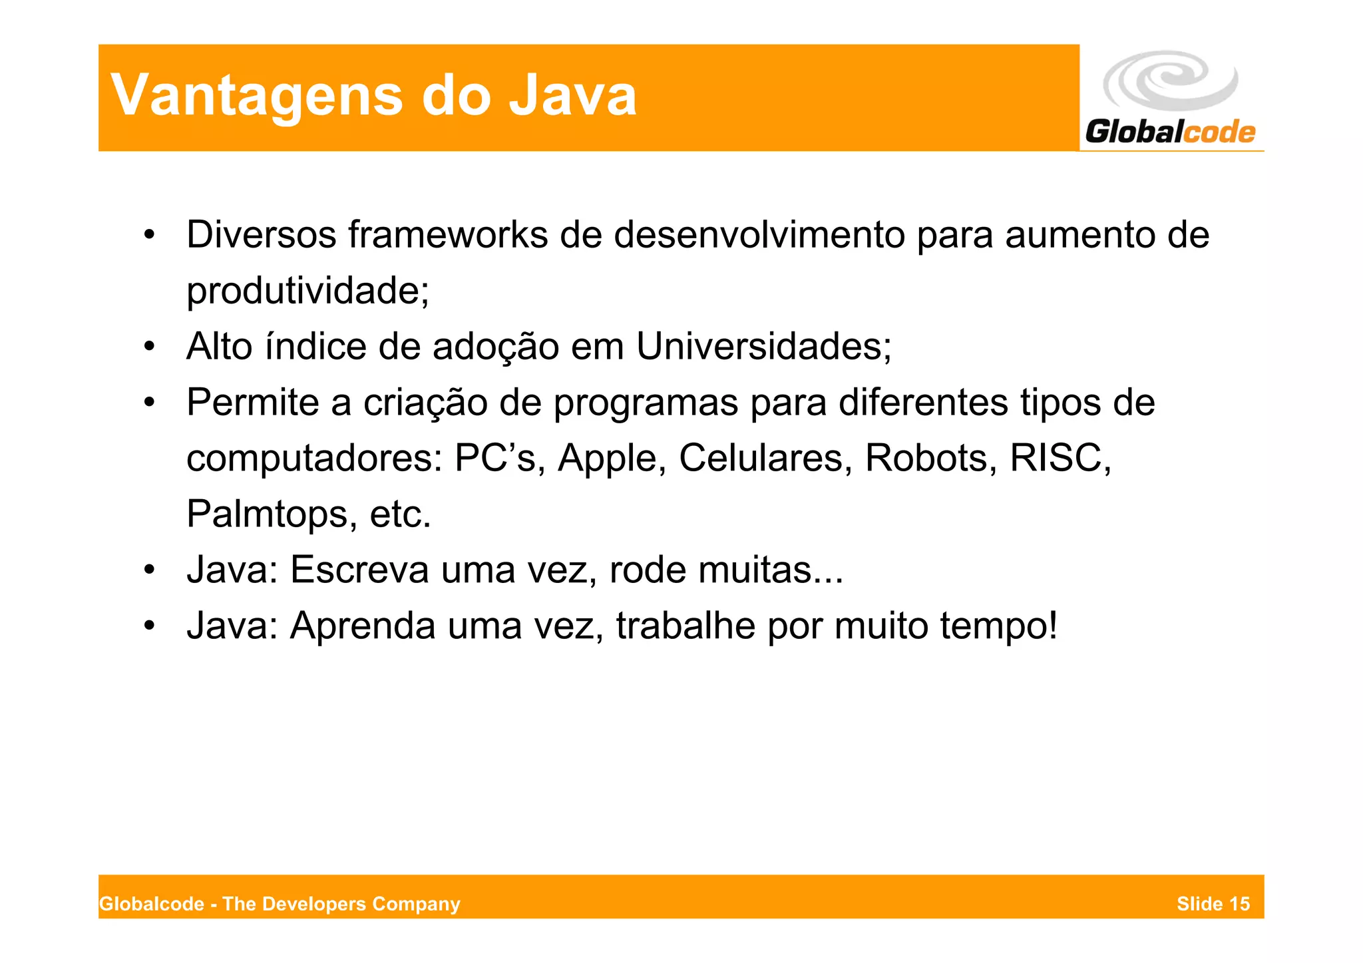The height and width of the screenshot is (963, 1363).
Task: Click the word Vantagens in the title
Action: [257, 96]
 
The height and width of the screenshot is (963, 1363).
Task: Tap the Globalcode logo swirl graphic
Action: [1170, 81]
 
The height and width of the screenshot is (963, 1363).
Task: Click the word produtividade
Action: [307, 291]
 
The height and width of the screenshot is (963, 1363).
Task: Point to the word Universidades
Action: [763, 347]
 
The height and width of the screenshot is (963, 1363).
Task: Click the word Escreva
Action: [359, 570]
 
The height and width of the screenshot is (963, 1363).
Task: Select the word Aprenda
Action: [362, 626]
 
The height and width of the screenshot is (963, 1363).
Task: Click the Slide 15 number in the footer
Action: [1213, 904]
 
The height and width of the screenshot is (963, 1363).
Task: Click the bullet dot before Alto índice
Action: [150, 347]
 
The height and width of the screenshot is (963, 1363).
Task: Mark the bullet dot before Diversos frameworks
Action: [150, 235]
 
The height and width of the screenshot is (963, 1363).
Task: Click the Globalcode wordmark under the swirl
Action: [1170, 132]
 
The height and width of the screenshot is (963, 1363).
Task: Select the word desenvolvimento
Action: [759, 235]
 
